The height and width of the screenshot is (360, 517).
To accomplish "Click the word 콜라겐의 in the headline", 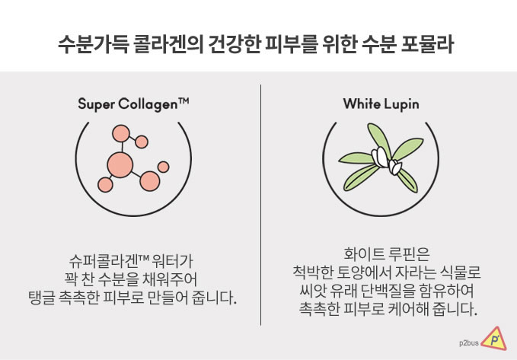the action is click(x=168, y=44).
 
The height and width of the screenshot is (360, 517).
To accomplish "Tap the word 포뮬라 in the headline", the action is click(x=427, y=44).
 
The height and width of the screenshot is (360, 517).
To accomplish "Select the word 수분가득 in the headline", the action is click(x=94, y=44).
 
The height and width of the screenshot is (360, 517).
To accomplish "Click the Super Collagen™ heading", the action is click(x=133, y=104).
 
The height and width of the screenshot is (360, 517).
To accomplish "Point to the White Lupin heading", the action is click(x=381, y=104).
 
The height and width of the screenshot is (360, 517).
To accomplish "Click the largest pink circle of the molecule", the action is click(x=120, y=165).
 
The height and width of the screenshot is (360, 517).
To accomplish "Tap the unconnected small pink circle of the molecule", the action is click(x=163, y=167).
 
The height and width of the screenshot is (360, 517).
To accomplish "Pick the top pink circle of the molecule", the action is click(x=120, y=133).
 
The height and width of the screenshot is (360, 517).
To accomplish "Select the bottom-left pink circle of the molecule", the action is click(x=105, y=185).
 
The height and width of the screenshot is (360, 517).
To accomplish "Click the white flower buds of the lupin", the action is click(x=387, y=161).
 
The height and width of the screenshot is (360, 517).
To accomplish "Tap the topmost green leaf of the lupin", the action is click(x=379, y=139).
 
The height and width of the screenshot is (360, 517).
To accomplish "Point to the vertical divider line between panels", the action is click(x=261, y=205).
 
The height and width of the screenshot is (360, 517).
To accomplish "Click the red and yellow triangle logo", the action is click(x=494, y=339).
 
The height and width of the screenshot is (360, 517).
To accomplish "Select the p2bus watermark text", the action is click(x=468, y=343).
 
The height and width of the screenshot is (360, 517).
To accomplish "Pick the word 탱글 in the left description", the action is click(x=42, y=298).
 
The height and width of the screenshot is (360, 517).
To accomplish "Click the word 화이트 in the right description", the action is click(x=364, y=254).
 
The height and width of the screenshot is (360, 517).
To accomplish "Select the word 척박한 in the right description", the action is click(x=313, y=272).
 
